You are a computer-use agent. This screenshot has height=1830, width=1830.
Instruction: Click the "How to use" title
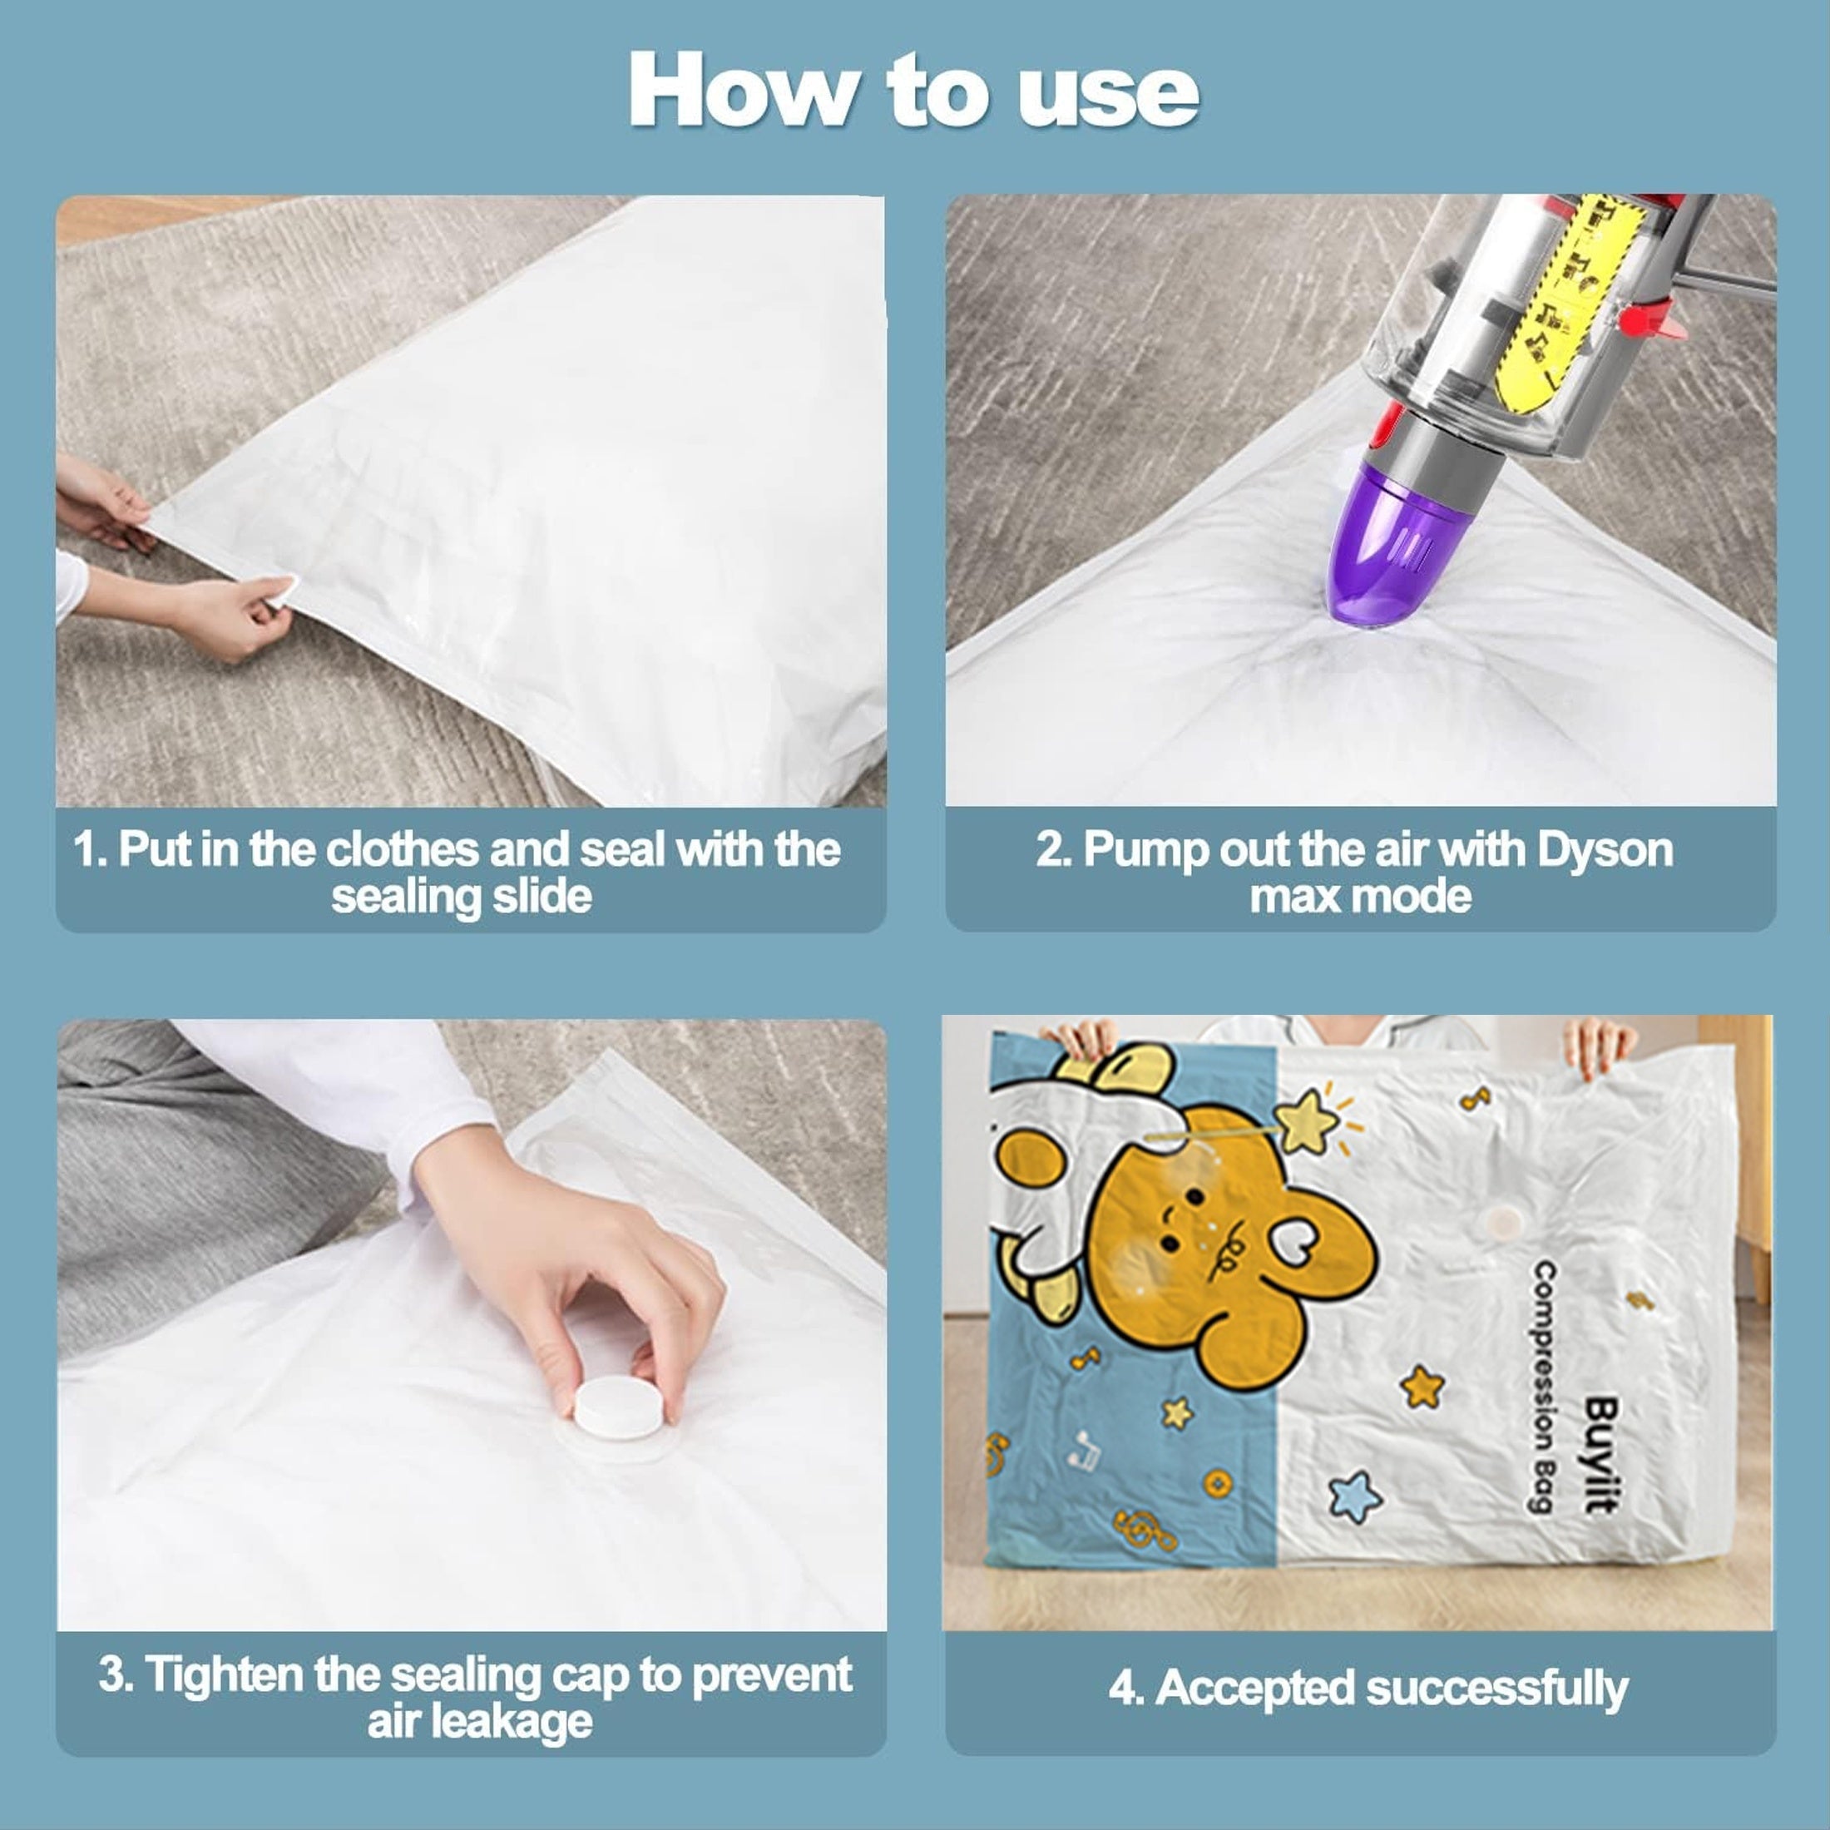[914, 90]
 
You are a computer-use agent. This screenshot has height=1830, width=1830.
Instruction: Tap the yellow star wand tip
[1313, 1118]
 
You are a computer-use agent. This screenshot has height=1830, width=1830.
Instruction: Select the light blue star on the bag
[1352, 1497]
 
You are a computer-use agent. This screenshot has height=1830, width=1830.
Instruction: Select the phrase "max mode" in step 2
[1360, 897]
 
